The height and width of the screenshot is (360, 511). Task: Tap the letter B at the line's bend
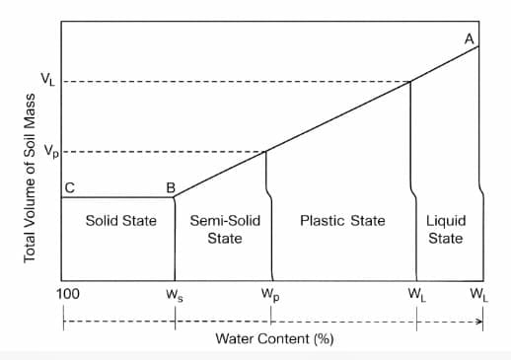pyautogui.click(x=171, y=186)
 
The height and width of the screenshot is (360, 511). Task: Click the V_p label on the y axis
pyautogui.click(x=47, y=152)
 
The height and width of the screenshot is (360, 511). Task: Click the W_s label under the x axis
pyautogui.click(x=175, y=295)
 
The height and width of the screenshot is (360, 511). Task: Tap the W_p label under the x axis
pyautogui.click(x=269, y=295)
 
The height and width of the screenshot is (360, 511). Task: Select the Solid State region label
pyautogui.click(x=120, y=220)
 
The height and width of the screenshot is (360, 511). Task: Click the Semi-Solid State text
pyautogui.click(x=225, y=229)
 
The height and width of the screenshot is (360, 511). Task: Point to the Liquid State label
pyautogui.click(x=446, y=229)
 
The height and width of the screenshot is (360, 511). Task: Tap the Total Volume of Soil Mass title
pyautogui.click(x=31, y=179)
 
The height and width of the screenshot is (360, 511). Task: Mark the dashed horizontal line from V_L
pyautogui.click(x=237, y=81)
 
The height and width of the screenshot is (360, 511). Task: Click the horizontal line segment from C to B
pyautogui.click(x=118, y=197)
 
